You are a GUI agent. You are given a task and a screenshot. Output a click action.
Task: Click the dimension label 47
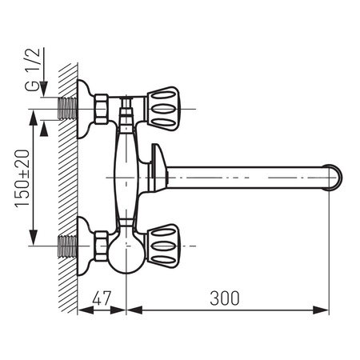(102, 298)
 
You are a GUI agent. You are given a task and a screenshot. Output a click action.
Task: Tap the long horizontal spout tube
(248, 174)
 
